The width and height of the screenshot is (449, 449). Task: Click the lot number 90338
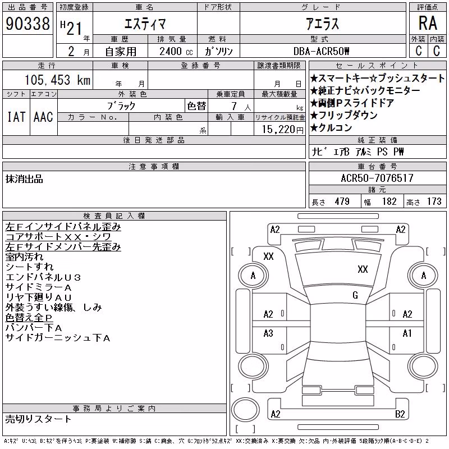28,24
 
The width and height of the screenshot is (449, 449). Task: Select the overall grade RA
428,23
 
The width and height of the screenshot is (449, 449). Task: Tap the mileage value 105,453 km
58,80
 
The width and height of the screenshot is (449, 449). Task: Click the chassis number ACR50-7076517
377,178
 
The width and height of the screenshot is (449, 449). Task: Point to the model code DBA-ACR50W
321,51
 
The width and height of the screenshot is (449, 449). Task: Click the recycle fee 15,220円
282,130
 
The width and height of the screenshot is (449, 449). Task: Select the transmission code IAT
16,117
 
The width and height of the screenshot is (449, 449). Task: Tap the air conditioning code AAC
43,117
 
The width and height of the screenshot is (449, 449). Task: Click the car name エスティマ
145,24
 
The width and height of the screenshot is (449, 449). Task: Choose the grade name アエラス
322,24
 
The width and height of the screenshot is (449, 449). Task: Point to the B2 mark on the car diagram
400,414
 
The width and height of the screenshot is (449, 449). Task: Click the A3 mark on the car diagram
268,333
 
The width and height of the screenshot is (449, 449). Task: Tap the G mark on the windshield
355,295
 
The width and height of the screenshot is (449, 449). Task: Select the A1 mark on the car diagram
407,333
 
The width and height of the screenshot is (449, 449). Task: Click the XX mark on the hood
363,269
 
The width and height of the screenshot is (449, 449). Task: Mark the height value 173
434,201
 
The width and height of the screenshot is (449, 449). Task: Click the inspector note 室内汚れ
24,257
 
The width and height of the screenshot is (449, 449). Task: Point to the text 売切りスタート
38,419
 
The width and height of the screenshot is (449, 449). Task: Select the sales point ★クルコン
331,128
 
